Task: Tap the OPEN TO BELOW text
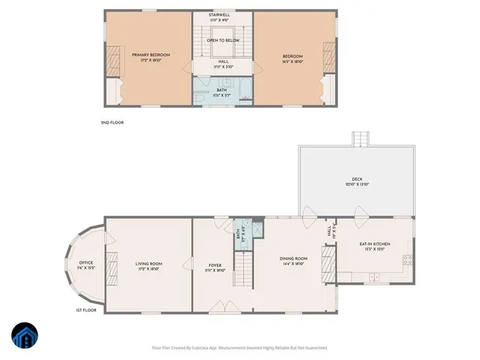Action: tap(223, 40)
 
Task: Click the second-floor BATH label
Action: tap(222, 92)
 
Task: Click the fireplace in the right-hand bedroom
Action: tap(328, 57)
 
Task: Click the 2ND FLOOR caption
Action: tap(112, 121)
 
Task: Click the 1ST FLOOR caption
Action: tap(85, 310)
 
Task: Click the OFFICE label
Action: tap(85, 264)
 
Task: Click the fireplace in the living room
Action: tap(111, 266)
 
